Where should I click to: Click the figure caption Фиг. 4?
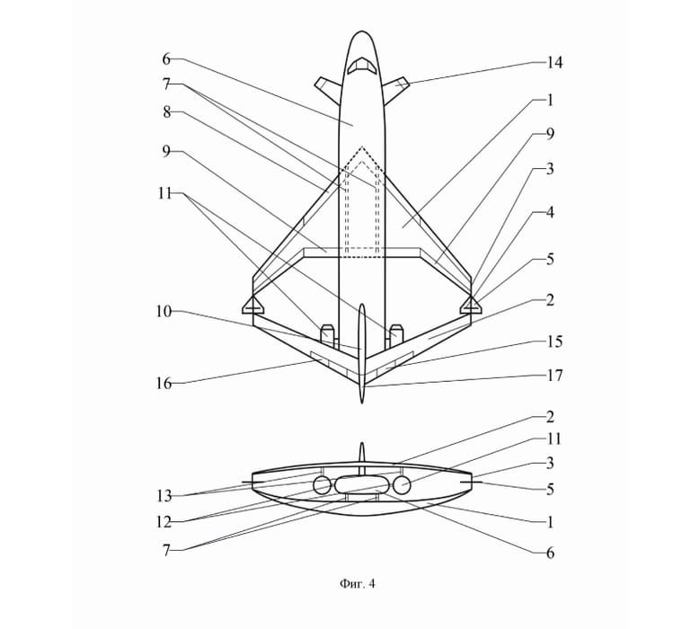(357, 583)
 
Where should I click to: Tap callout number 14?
(554, 63)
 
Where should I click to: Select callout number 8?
(167, 112)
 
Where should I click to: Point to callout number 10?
(164, 311)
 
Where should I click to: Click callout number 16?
(164, 383)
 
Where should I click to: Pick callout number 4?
(550, 212)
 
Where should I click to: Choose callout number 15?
(554, 342)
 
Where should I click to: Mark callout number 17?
(554, 376)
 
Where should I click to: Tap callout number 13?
(164, 495)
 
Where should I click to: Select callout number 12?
(164, 522)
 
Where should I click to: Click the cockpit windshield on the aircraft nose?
(362, 66)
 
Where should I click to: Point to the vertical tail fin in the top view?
(362, 353)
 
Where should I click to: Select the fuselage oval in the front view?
(362, 485)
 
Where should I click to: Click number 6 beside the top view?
(166, 59)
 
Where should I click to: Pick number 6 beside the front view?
(550, 554)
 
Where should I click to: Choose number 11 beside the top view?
(164, 193)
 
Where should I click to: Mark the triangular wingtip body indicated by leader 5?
(471, 305)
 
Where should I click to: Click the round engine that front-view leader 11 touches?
(402, 485)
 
